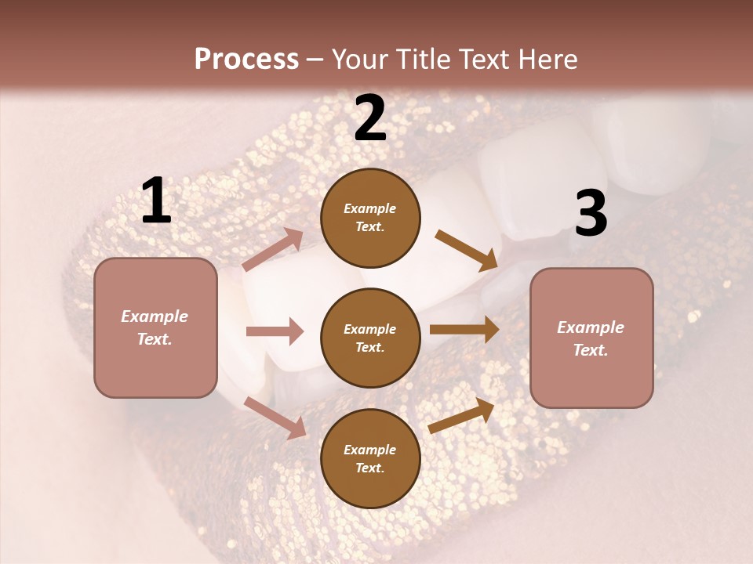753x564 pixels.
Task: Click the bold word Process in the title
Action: pos(246,60)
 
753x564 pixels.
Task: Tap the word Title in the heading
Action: pos(420,60)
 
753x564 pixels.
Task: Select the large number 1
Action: pos(155,202)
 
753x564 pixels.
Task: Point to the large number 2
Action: pos(370,119)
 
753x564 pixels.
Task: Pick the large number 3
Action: pos(591,214)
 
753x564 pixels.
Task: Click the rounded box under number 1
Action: pos(155,327)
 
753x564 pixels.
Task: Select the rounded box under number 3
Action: pos(591,338)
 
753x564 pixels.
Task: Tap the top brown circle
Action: pos(370,218)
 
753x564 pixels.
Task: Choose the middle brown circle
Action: pos(370,338)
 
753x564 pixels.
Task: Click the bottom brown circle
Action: pos(370,459)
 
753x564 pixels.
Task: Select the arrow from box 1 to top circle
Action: pos(273,250)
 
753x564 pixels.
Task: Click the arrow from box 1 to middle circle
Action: pos(275,331)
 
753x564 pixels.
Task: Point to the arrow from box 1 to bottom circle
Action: pos(275,418)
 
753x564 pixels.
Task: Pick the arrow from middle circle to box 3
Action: pos(464,330)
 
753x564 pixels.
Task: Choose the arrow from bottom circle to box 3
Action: pos(461,416)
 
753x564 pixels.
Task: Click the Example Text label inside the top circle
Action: pos(370,218)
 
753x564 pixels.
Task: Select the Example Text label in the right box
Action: pos(591,338)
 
